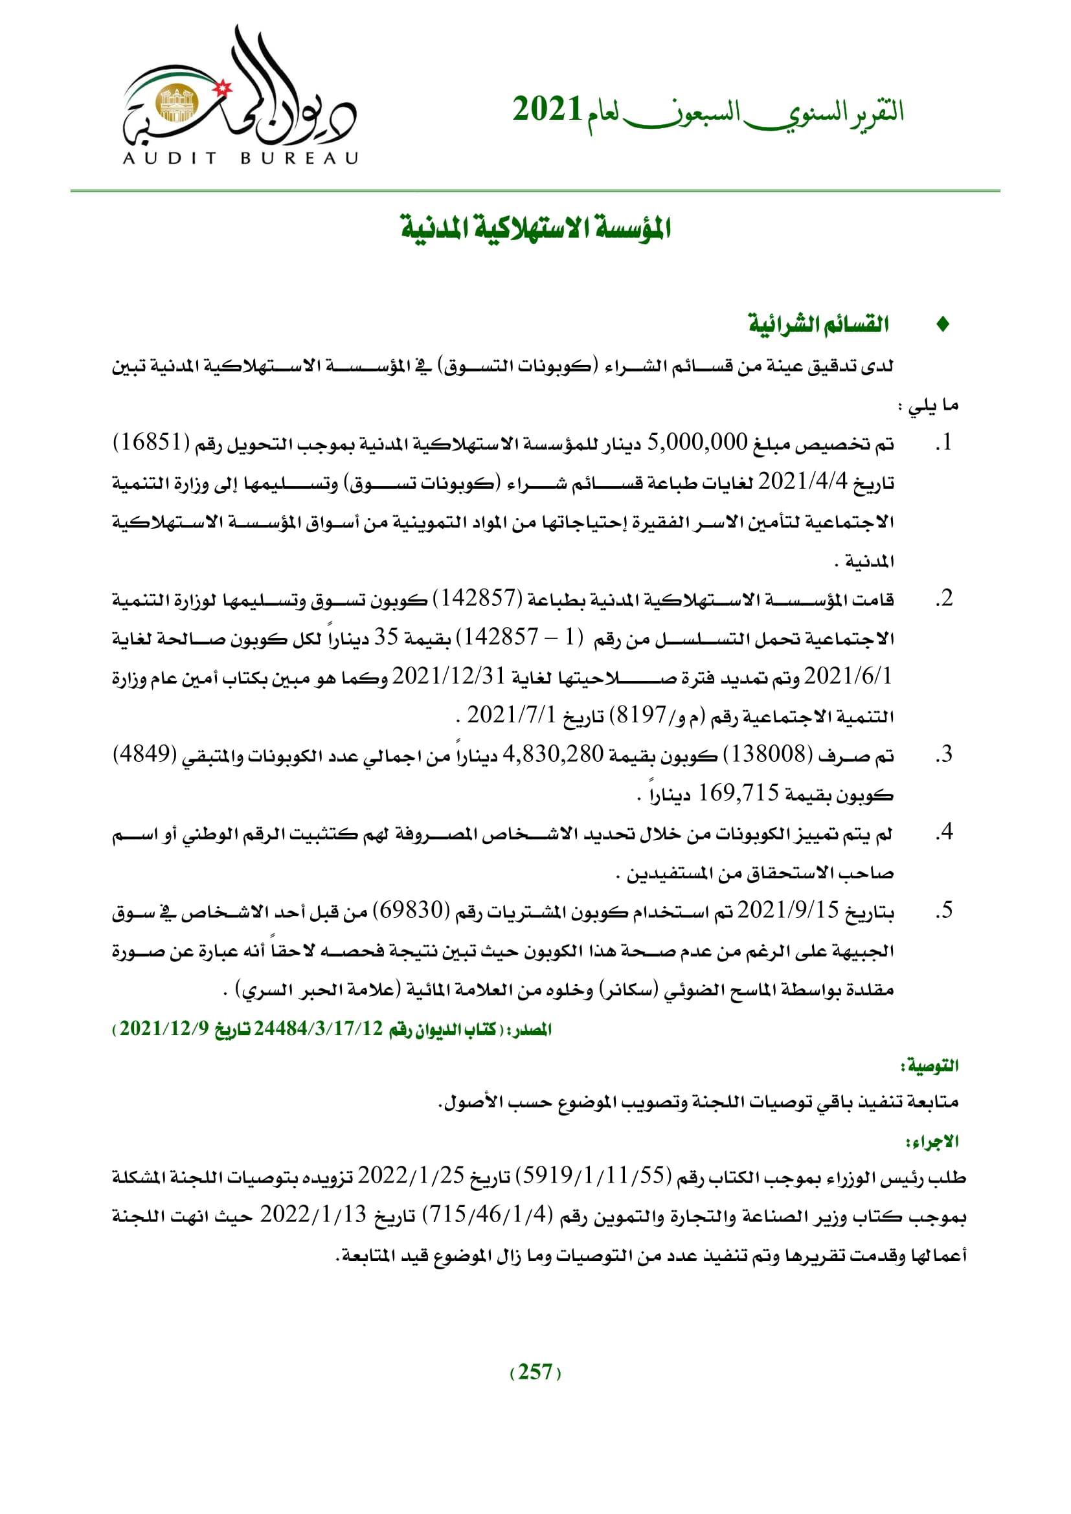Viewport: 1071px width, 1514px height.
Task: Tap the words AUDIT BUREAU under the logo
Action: (x=240, y=158)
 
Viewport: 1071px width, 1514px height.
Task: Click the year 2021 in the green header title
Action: (x=547, y=109)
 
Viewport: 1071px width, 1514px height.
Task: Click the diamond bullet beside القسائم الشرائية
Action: (x=942, y=324)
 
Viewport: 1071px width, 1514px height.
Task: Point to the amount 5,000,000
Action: (x=697, y=443)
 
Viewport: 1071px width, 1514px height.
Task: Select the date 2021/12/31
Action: (x=449, y=676)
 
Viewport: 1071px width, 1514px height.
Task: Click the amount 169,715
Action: (x=739, y=794)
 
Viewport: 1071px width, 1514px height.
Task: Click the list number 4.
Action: (x=945, y=833)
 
